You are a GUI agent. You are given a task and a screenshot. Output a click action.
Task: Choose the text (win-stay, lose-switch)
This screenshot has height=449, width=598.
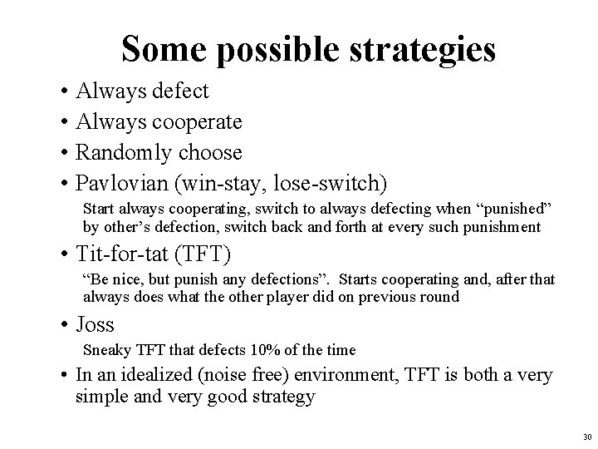click(x=278, y=182)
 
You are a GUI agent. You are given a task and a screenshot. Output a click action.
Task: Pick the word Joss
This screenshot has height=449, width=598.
click(x=95, y=324)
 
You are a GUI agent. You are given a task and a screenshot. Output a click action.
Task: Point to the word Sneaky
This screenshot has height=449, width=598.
click(x=104, y=351)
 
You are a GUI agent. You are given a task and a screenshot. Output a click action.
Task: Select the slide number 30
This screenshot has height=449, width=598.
click(x=586, y=437)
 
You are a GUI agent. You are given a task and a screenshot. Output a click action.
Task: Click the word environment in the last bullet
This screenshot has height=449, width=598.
click(x=350, y=376)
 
